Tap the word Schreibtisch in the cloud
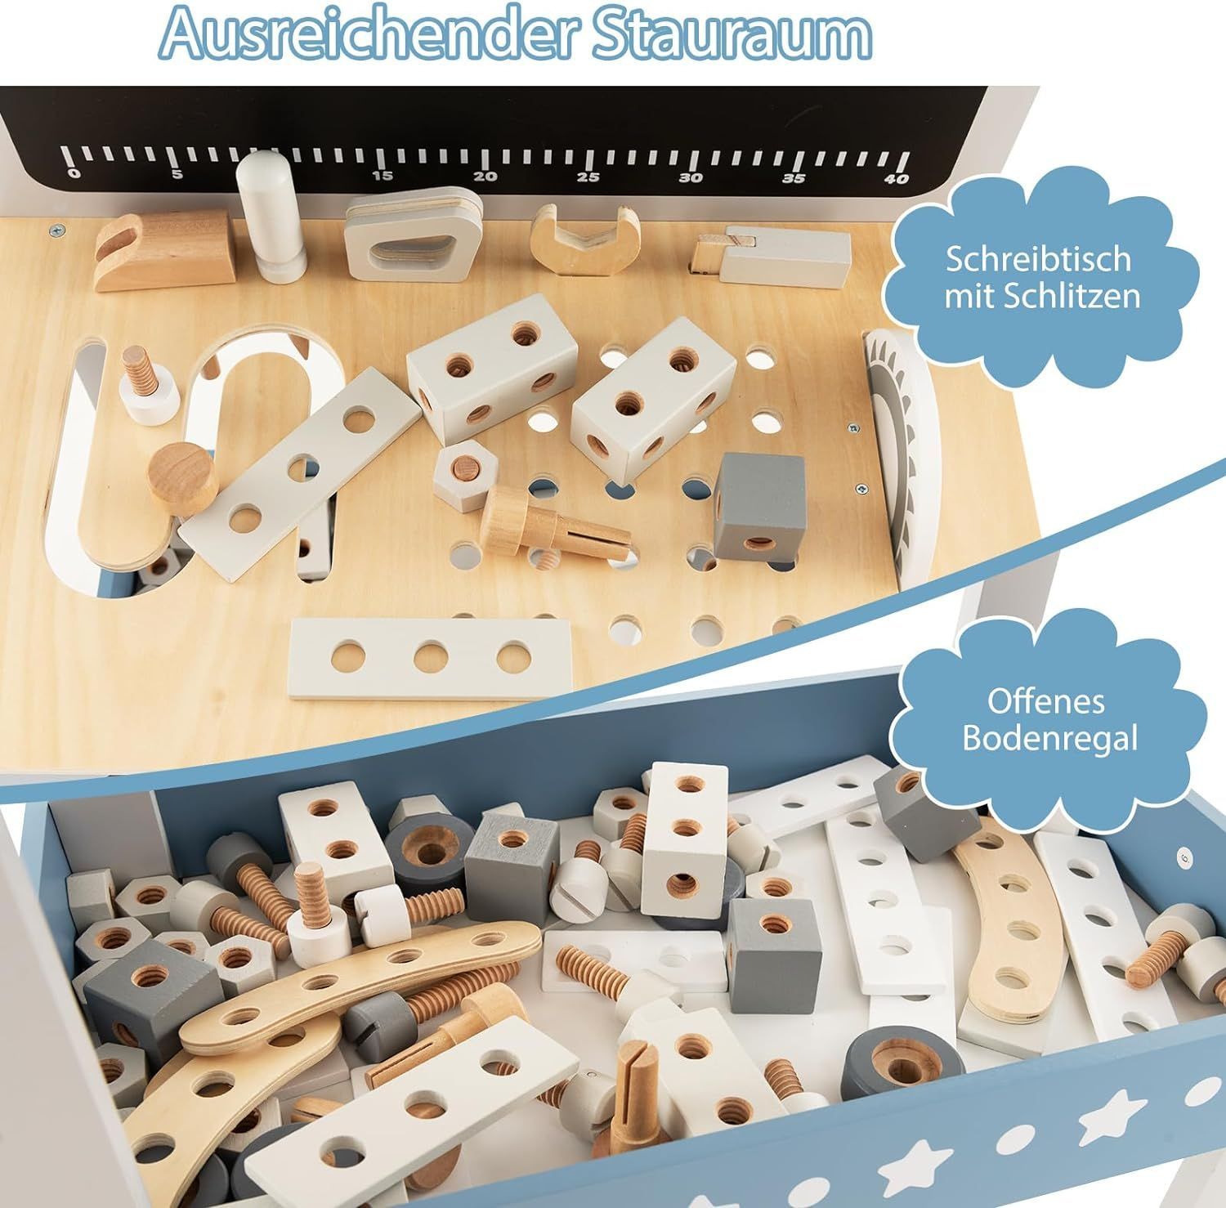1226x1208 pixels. (x=1038, y=259)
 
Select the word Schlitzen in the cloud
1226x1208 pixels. (x=1075, y=295)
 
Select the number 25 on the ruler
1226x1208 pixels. (x=588, y=177)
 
